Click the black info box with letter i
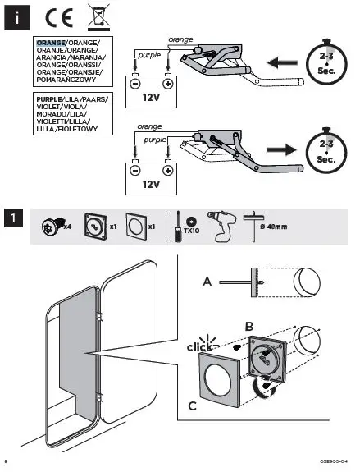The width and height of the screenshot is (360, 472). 16,16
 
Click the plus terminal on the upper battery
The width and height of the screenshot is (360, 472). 168,83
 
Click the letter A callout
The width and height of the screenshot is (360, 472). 207,282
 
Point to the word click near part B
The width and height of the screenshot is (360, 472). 201,348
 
